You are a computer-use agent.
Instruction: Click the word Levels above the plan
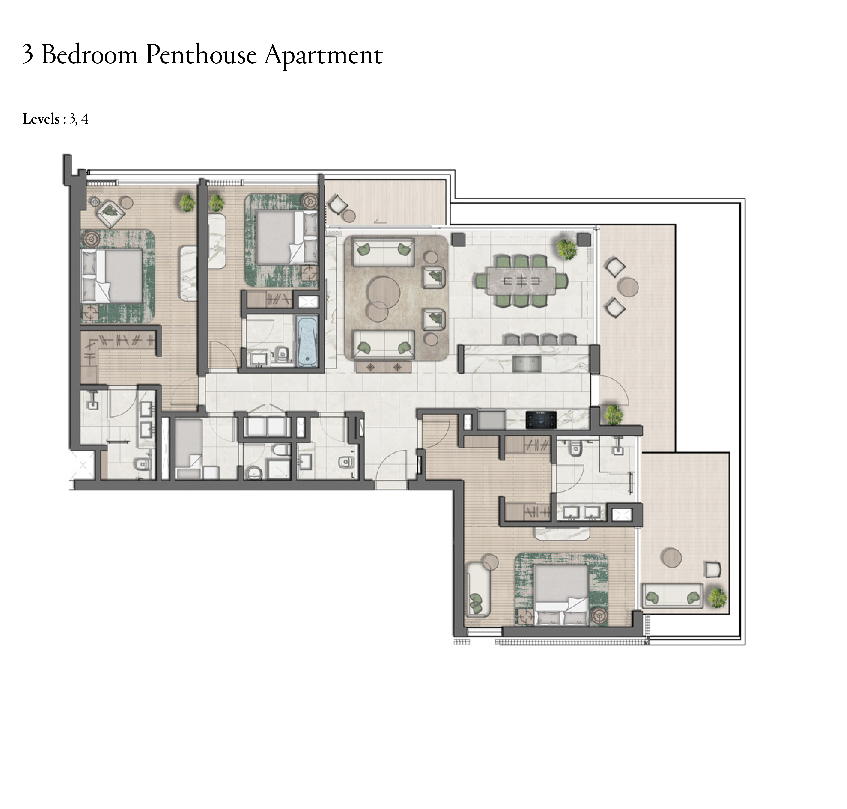click(41, 119)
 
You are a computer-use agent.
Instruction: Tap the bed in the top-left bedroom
click(112, 276)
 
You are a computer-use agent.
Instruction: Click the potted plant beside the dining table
click(567, 248)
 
